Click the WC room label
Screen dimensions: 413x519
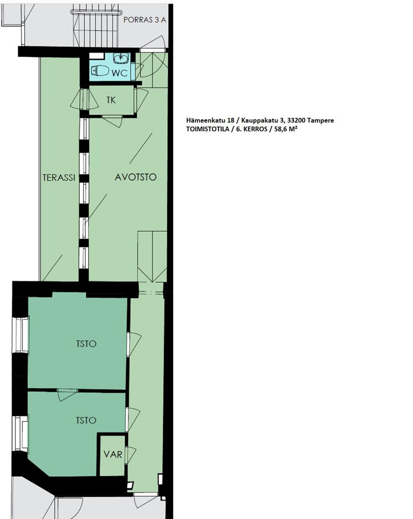click(x=119, y=73)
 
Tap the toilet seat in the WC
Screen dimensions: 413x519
click(x=100, y=71)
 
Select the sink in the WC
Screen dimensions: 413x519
click(x=121, y=58)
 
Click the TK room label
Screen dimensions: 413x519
click(x=111, y=100)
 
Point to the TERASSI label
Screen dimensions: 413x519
click(x=59, y=177)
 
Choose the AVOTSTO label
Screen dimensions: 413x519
click(x=135, y=177)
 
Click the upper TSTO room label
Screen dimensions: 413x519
click(x=86, y=344)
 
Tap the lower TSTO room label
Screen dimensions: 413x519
click(x=86, y=420)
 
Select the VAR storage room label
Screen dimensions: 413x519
click(x=113, y=455)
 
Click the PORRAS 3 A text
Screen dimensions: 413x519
click(x=145, y=20)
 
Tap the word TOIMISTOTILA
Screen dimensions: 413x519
click(x=207, y=129)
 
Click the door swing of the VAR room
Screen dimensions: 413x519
click(x=130, y=455)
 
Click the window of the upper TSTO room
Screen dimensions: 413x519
click(x=21, y=334)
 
